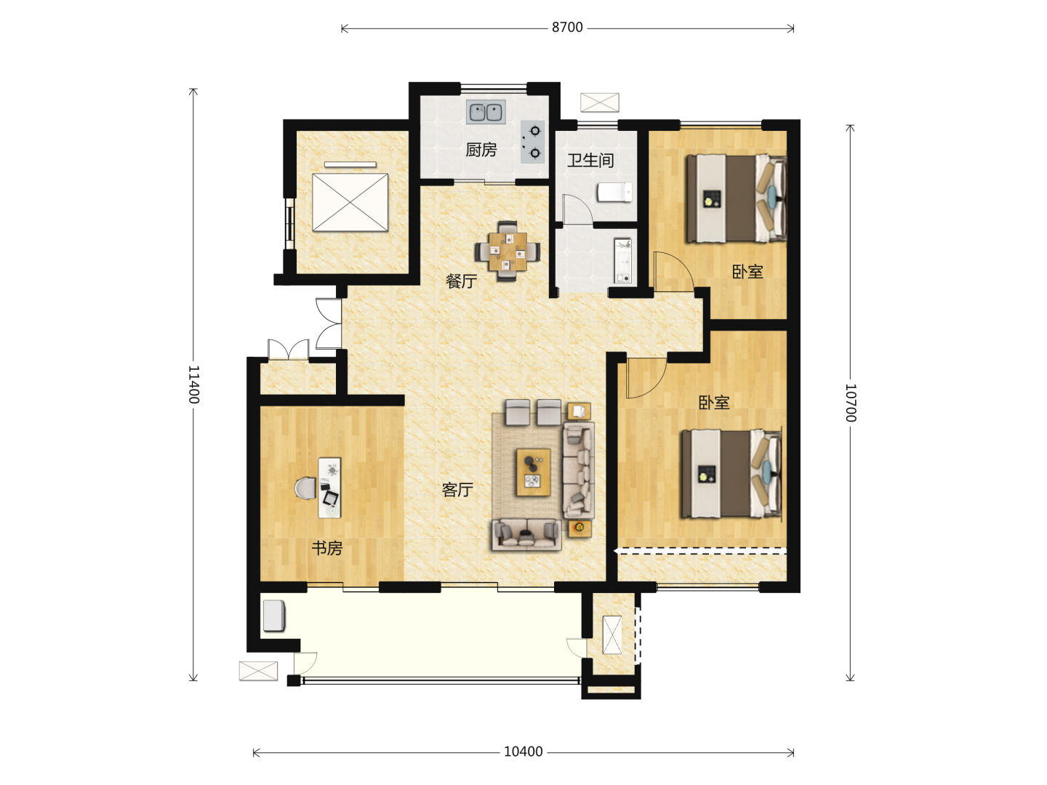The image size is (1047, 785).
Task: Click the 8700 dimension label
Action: click(567, 28)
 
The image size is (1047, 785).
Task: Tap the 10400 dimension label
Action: click(523, 752)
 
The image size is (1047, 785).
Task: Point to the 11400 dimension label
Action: click(193, 385)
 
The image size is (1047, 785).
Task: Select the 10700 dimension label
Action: click(851, 403)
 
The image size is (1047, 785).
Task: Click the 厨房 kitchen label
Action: click(481, 150)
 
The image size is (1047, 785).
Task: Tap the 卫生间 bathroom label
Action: click(590, 160)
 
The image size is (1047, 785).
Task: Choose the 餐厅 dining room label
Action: click(461, 281)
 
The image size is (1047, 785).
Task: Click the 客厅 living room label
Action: click(457, 489)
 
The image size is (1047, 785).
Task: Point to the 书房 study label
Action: click(327, 548)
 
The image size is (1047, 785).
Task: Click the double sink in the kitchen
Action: click(486, 113)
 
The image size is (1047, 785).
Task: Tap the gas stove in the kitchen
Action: click(532, 142)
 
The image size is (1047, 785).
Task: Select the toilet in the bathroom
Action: click(615, 193)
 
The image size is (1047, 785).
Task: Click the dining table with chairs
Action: click(508, 251)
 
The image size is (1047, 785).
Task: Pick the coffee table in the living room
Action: click(533, 472)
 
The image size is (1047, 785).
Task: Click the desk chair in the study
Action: click(305, 488)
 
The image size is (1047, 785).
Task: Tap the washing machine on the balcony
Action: click(274, 616)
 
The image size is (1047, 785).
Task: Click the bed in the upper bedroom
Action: click(736, 198)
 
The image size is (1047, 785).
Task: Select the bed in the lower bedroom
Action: click(731, 473)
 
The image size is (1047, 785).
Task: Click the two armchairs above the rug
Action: click(533, 412)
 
